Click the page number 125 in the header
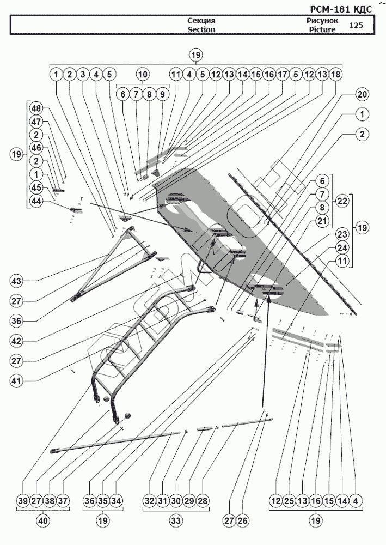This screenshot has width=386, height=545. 356,25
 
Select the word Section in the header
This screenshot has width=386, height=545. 201,29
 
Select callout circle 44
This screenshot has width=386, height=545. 36,201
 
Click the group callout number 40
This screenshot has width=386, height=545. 42,520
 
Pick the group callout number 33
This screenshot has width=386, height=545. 175,520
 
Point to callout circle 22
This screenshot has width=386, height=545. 342,201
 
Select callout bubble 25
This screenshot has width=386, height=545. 289,501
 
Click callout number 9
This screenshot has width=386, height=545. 162,94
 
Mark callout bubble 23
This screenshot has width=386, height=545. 342,234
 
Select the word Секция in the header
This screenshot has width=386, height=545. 201,20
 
